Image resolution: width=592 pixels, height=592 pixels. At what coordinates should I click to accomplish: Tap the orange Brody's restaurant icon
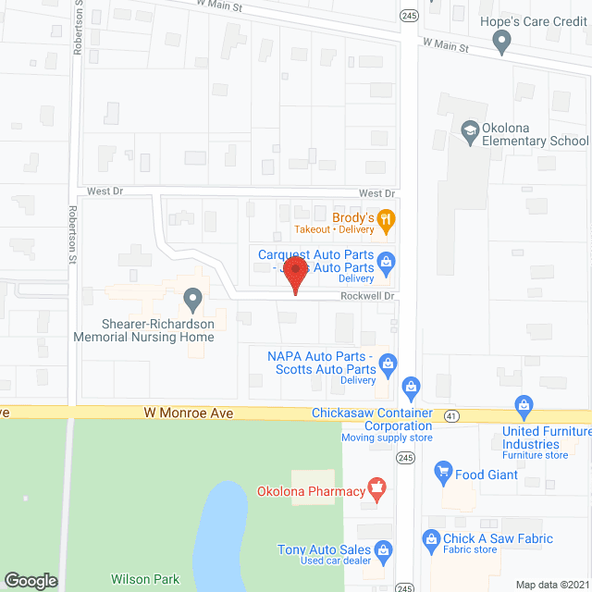(388, 219)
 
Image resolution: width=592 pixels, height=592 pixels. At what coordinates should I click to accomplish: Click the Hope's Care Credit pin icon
(501, 41)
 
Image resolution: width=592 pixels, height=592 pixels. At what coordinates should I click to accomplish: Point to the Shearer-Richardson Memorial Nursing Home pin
(192, 299)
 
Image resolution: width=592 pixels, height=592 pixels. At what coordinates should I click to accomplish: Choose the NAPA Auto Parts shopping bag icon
(388, 364)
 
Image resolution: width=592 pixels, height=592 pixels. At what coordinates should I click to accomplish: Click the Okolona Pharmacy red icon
(376, 487)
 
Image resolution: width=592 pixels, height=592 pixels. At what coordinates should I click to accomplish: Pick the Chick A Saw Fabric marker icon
(430, 538)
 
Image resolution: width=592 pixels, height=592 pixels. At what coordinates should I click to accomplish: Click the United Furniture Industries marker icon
(524, 405)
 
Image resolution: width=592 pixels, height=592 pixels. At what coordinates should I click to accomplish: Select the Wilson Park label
(145, 579)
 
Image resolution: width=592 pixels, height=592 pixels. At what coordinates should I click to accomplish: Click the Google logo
(31, 580)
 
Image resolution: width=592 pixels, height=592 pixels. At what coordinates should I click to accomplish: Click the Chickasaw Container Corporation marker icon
(412, 386)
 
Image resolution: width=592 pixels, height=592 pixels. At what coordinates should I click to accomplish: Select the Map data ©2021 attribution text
(550, 584)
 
